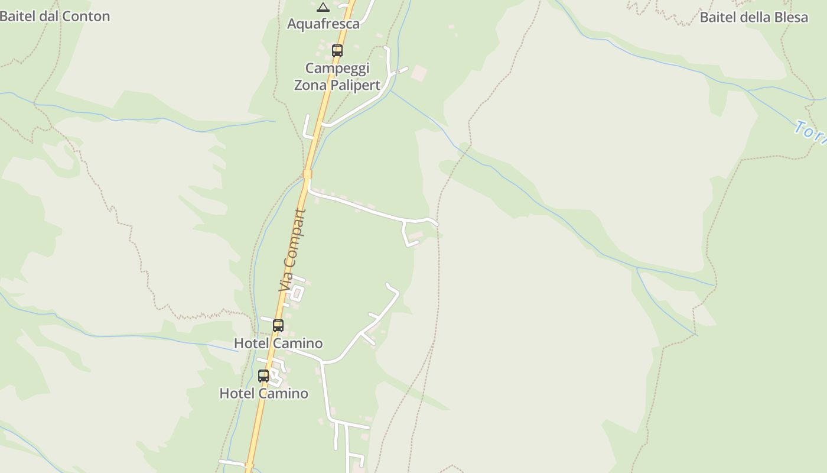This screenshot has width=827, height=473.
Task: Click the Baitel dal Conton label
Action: [54, 16]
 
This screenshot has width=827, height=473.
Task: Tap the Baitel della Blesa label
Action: [754, 17]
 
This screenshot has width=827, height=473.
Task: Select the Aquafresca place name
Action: [323, 24]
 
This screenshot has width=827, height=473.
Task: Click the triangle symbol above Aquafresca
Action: [323, 7]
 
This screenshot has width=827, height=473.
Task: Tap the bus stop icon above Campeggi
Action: [337, 51]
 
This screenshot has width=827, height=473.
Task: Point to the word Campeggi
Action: [337, 68]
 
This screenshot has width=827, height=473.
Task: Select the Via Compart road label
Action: [293, 250]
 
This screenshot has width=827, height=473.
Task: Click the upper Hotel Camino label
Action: [278, 343]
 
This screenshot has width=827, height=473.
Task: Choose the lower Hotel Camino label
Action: [263, 393]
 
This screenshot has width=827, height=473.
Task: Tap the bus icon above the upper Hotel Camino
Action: [278, 325]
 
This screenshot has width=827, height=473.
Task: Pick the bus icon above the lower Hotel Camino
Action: [263, 375]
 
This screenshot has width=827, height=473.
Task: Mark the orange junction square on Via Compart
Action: [307, 174]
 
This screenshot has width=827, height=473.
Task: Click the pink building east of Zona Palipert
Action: [419, 73]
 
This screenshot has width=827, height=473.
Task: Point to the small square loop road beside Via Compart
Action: [297, 293]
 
